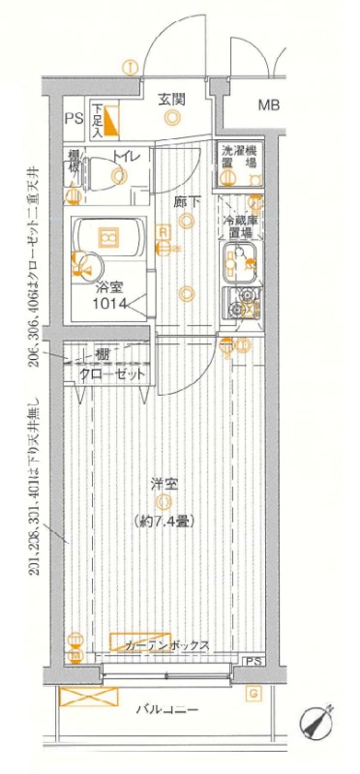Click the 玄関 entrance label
[172, 99]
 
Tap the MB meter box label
[268, 105]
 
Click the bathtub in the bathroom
[108, 236]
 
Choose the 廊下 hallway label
[187, 202]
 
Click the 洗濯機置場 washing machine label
[237, 158]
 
